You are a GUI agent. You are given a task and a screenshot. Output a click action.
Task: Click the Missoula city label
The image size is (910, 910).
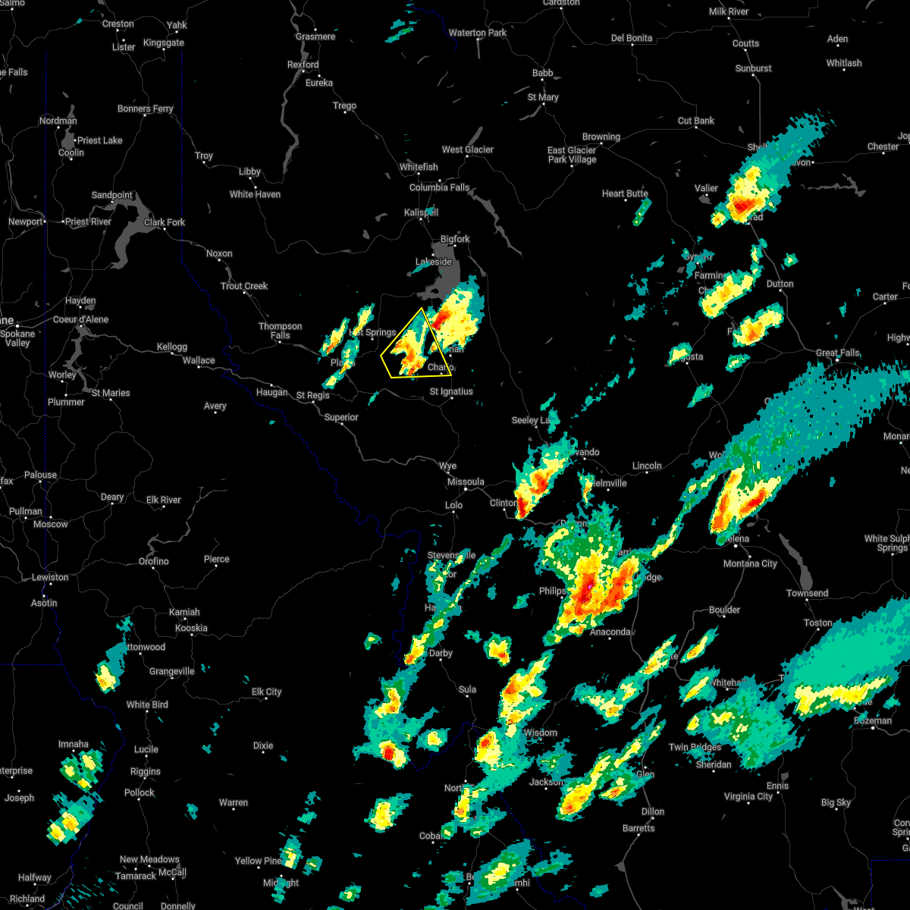tap(466, 482)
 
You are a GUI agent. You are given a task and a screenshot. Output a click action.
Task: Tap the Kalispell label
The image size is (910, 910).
tap(421, 213)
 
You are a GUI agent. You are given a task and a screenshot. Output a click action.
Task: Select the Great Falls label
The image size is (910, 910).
tap(838, 353)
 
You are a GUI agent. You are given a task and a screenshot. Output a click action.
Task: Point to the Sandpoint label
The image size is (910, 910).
tap(112, 195)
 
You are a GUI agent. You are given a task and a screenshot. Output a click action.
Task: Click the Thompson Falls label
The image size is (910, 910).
tap(281, 331)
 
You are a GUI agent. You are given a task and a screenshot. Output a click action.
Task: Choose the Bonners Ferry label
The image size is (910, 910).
tap(146, 108)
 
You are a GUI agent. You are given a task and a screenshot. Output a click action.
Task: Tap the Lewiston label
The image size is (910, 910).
tap(50, 577)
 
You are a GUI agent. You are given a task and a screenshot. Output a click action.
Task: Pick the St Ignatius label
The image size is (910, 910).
tap(451, 391)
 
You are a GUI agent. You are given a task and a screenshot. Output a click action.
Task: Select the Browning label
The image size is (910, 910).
tap(601, 136)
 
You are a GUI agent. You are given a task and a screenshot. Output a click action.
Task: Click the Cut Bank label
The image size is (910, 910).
tap(696, 121)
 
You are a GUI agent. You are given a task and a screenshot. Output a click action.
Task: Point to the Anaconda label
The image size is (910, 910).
tap(611, 632)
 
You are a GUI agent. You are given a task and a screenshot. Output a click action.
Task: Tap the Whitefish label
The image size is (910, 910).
tap(419, 167)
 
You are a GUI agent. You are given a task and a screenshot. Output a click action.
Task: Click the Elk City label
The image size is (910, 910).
tap(266, 692)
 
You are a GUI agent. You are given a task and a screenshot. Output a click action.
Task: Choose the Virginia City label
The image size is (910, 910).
tap(748, 796)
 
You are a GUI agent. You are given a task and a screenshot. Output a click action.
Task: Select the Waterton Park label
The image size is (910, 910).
tap(478, 33)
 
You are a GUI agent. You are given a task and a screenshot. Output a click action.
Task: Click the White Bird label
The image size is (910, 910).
tap(147, 704)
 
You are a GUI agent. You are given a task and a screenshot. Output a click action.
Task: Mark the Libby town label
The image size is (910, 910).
tap(249, 172)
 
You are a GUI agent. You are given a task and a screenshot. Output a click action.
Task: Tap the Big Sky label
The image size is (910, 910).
tap(836, 802)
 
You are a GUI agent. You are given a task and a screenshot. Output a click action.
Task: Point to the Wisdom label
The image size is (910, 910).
tap(541, 733)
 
